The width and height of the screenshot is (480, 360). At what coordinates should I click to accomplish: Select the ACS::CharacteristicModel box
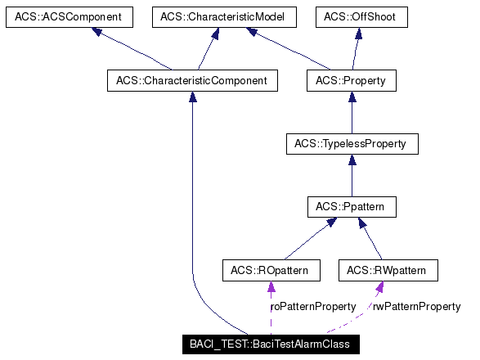(214, 16)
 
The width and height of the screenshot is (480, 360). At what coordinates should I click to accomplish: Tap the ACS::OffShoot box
(361, 16)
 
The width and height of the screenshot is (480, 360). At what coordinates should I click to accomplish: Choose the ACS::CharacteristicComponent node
(192, 80)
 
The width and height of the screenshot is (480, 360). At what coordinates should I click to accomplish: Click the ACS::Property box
(351, 80)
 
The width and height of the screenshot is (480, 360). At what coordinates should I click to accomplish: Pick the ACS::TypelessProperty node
(351, 144)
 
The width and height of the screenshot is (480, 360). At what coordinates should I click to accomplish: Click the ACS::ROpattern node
(271, 270)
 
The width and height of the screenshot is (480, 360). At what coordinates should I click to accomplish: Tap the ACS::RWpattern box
(386, 270)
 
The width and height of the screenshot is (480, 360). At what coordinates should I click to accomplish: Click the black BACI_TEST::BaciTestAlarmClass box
(269, 344)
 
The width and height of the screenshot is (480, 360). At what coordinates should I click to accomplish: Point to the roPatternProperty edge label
(312, 307)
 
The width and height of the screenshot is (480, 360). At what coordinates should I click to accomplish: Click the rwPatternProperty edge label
(416, 307)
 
